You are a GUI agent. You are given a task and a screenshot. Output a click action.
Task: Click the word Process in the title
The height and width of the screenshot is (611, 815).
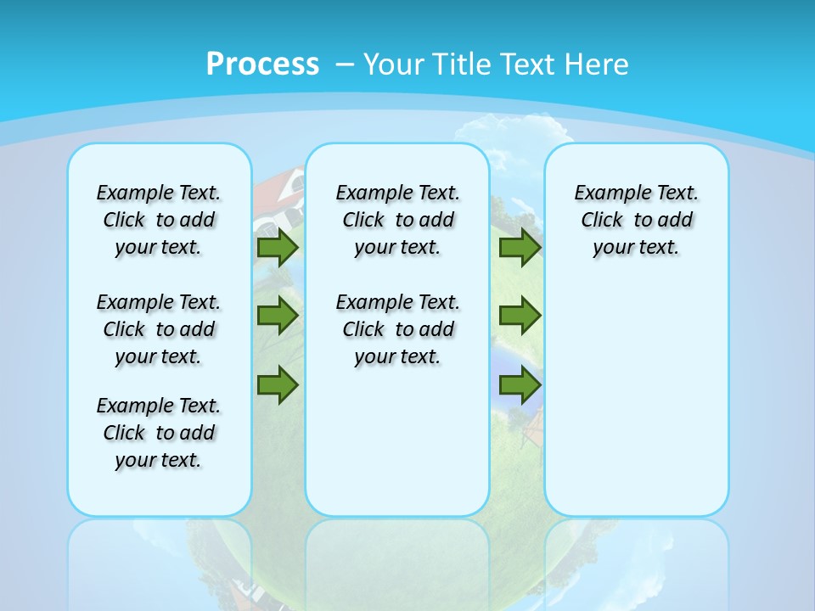[262, 64]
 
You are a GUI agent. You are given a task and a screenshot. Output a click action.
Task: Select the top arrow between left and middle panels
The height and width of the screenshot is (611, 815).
[278, 248]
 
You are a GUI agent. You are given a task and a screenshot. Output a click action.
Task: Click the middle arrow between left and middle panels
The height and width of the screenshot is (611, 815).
[278, 316]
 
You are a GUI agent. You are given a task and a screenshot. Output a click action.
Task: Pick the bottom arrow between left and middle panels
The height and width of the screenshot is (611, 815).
[278, 385]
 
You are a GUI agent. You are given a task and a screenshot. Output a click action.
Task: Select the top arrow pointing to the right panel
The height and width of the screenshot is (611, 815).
[520, 248]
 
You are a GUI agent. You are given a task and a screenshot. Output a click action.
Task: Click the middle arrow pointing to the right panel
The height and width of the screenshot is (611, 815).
[520, 316]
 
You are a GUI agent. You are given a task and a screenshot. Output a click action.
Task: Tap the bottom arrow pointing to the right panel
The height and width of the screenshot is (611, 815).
[520, 385]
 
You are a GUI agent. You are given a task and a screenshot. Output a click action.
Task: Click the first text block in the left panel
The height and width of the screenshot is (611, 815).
[159, 220]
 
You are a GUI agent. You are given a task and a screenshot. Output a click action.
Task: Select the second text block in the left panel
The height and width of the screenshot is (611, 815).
[159, 329]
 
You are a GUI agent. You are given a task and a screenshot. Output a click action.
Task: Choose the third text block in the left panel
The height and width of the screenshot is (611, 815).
[159, 433]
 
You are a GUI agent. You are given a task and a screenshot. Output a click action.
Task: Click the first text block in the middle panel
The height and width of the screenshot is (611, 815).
[397, 220]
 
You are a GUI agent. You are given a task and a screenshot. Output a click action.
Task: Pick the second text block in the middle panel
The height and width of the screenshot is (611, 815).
[397, 329]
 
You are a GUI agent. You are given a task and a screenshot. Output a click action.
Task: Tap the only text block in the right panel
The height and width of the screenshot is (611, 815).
[636, 220]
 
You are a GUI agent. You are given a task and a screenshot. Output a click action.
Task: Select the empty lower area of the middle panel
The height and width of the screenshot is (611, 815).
[397, 441]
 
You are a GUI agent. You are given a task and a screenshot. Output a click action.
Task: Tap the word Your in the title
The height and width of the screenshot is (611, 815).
[394, 64]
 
